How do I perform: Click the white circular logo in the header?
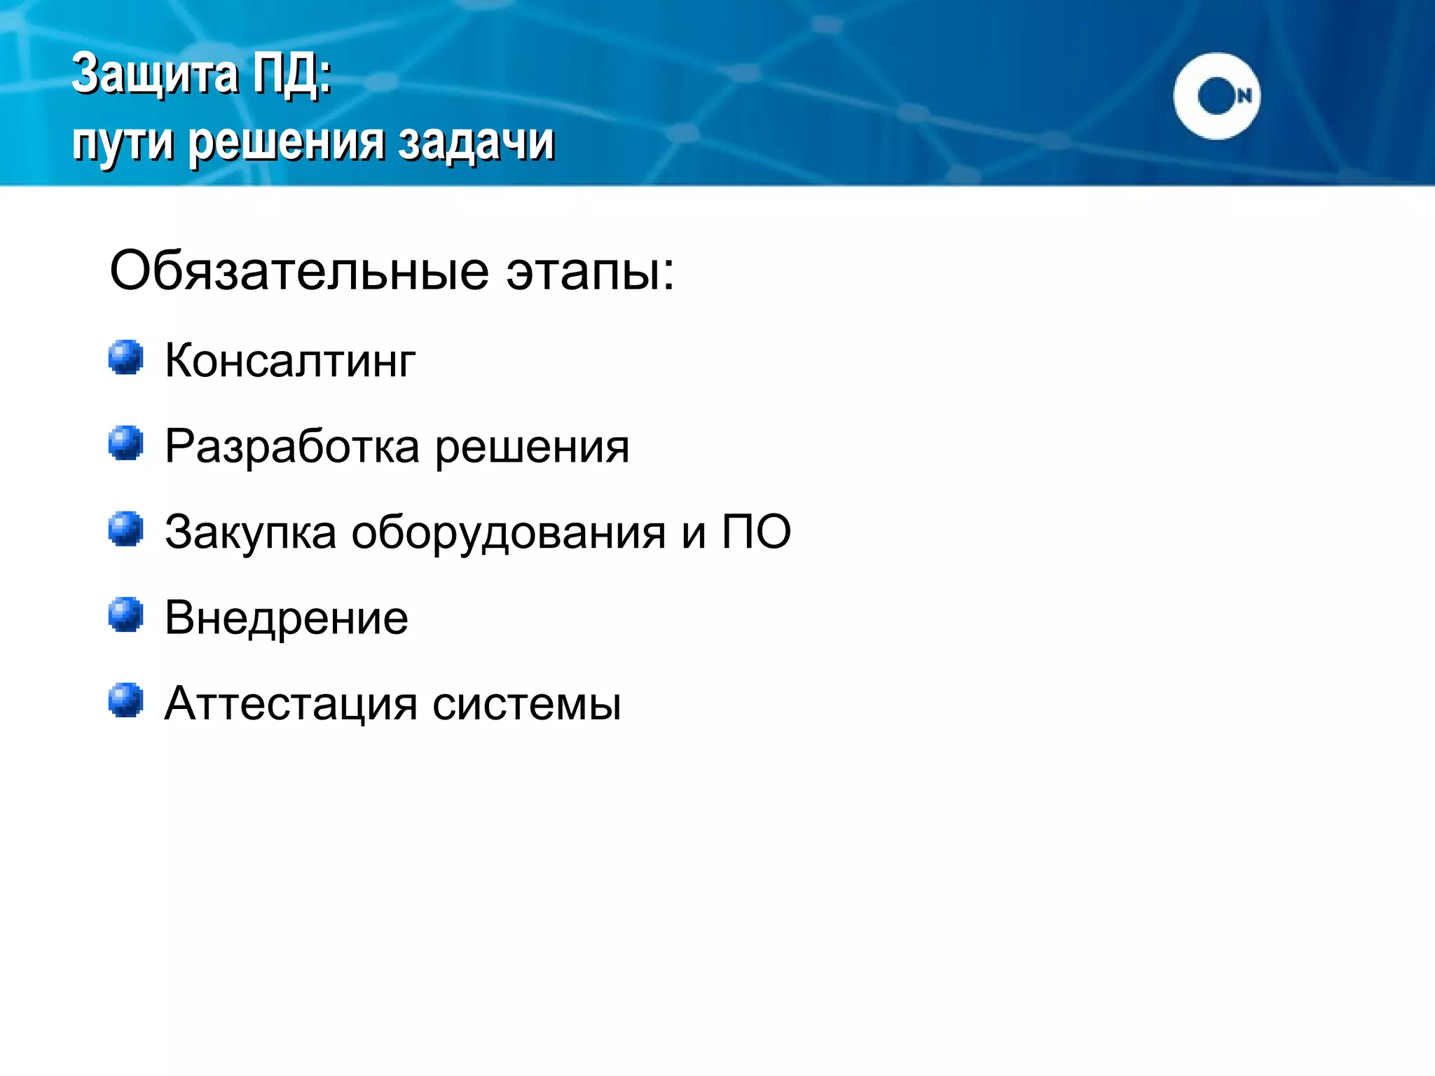(x=1216, y=96)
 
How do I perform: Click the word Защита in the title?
(x=155, y=74)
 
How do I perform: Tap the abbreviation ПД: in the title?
(x=291, y=74)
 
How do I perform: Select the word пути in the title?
(x=123, y=142)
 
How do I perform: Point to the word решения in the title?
(x=287, y=142)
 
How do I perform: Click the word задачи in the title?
(x=476, y=142)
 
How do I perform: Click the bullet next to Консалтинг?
(x=126, y=357)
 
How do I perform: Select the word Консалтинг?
(x=290, y=361)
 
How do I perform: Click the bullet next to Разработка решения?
(x=126, y=443)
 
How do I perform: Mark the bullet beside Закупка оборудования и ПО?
(x=126, y=529)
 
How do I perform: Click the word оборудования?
(x=508, y=533)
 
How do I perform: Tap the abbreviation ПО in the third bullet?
(x=757, y=532)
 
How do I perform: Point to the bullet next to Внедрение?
(x=126, y=614)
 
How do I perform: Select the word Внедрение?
(x=287, y=619)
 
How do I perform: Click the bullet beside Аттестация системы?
(x=126, y=701)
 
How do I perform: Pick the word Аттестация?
(x=291, y=704)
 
